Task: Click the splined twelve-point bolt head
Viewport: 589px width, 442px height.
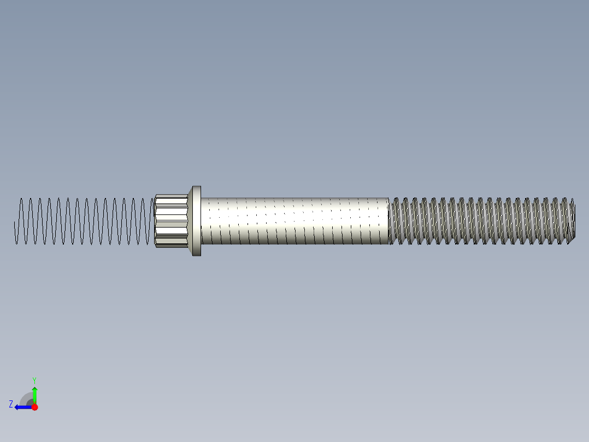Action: coord(172,220)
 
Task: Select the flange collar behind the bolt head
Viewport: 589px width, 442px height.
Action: coord(196,220)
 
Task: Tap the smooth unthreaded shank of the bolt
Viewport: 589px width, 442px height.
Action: coord(295,220)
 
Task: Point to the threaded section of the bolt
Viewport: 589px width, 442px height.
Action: coord(481,220)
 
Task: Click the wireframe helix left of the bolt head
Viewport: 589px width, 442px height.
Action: coord(82,221)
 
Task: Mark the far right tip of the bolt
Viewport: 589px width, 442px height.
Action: coord(574,220)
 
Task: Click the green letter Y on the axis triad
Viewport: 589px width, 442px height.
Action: coord(34,379)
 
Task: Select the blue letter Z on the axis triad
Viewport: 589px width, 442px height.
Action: coord(11,404)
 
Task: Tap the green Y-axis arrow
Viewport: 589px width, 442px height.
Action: coord(34,395)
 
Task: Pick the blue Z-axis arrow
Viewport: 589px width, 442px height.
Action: coord(23,407)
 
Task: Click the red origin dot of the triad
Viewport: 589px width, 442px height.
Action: coord(34,407)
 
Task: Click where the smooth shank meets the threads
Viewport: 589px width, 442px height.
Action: coord(388,220)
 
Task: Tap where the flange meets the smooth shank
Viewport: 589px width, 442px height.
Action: coord(202,220)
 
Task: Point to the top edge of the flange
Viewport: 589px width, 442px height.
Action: coord(196,187)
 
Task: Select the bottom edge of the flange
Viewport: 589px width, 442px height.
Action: coord(196,255)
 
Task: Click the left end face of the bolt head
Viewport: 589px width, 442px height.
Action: coord(155,220)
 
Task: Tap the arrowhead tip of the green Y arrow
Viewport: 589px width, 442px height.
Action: coord(34,388)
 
